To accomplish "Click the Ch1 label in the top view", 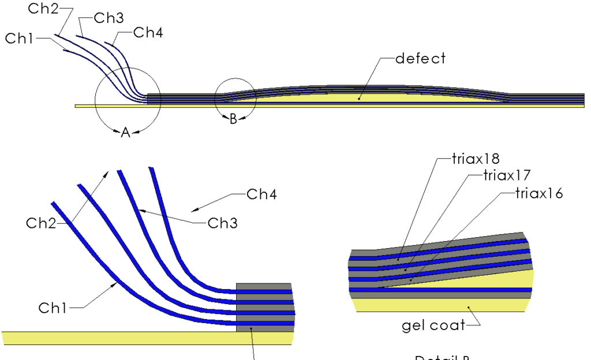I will [x=20, y=39].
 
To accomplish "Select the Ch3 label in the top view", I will [x=109, y=18].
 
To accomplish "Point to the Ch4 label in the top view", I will [x=148, y=33].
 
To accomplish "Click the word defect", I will [x=421, y=58].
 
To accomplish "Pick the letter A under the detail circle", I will [x=125, y=133].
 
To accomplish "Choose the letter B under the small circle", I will [x=233, y=120].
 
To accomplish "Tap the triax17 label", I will [x=507, y=175].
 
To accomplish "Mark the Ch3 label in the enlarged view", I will [x=223, y=223].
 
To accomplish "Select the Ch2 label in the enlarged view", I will [x=42, y=224].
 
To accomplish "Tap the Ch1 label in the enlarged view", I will [x=54, y=308].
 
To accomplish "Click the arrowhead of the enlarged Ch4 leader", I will [x=194, y=209].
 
